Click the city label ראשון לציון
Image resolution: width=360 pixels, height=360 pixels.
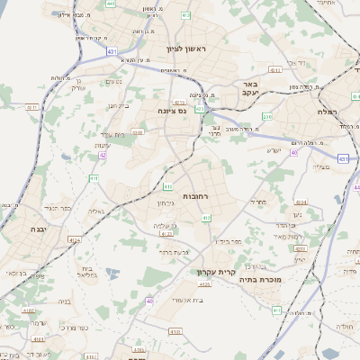(186, 48)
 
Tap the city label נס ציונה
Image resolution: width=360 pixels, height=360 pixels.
(172, 112)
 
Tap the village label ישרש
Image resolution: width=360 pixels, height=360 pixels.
(275, 150)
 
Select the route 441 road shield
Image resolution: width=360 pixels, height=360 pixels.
(110, 4)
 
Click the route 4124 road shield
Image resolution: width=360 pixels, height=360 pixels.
(75, 239)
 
